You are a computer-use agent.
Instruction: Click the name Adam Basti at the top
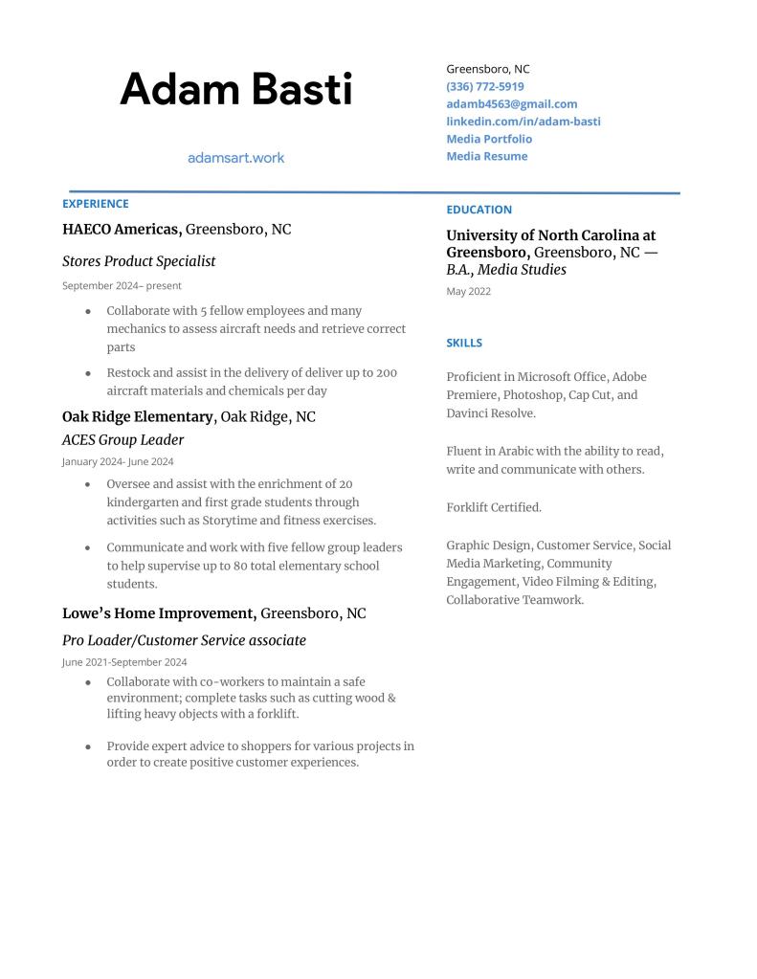click(235, 90)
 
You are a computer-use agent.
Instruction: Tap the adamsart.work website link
click(235, 158)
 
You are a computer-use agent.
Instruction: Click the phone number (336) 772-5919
click(484, 86)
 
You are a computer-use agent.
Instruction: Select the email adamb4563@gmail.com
click(511, 103)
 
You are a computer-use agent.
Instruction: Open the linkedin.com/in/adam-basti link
click(523, 122)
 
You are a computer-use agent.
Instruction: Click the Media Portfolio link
click(488, 139)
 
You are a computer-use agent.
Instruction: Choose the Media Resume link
click(486, 156)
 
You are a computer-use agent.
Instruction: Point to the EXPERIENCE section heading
click(95, 204)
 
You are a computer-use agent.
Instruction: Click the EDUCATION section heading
click(479, 210)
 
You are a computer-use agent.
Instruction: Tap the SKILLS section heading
click(464, 343)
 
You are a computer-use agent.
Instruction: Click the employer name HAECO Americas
click(122, 230)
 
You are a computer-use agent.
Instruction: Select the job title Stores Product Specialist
click(139, 261)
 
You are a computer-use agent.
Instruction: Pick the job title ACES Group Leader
click(122, 440)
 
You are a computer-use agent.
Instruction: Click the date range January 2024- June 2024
click(118, 461)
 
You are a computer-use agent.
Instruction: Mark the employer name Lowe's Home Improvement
click(159, 613)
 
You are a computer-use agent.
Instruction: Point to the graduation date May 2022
click(468, 292)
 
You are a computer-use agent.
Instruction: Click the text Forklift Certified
click(494, 507)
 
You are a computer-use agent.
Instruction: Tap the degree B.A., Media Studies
click(506, 270)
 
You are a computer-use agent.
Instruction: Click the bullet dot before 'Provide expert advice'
click(88, 746)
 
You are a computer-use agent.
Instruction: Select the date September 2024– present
click(122, 285)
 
